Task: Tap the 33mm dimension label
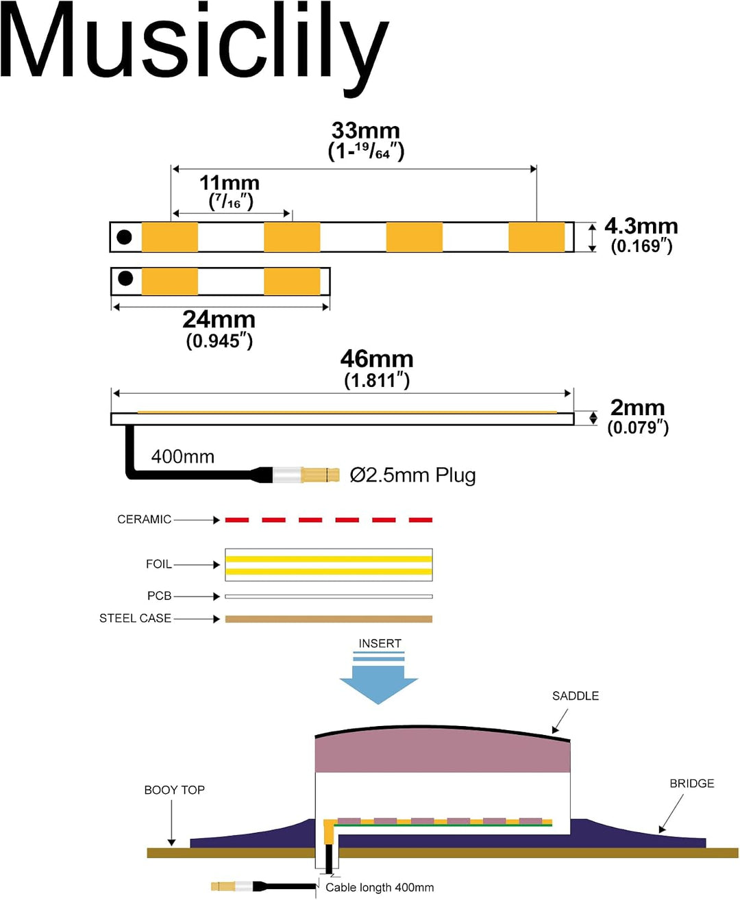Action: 366,131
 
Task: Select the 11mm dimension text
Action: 230,183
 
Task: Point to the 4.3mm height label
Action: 641,226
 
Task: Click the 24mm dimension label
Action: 219,319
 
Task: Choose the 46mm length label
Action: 377,359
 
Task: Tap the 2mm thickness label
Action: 637,408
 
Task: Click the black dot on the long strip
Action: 124,237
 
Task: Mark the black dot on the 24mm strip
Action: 125,278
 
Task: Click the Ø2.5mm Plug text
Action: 412,475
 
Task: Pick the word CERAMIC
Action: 144,519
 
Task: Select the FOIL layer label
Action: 158,564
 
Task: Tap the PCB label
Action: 159,596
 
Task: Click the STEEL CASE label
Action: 135,618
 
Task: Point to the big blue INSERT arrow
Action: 378,677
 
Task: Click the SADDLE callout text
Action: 575,696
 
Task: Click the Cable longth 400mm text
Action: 380,888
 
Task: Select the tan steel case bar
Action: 329,618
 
